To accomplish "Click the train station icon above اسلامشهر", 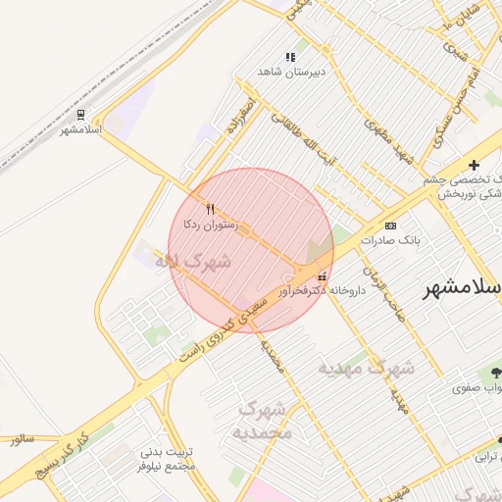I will (x=80, y=114).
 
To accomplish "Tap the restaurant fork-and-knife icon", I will (x=210, y=208).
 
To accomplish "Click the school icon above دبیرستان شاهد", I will (x=289, y=58).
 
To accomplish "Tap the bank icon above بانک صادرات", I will (x=391, y=225).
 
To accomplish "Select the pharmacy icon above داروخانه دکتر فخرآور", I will (x=323, y=277).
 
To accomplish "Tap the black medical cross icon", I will (x=475, y=165).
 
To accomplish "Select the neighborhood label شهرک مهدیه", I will (x=365, y=369).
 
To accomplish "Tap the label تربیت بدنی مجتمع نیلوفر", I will (x=169, y=459).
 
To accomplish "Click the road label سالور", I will (x=24, y=440).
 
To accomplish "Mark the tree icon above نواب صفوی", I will (x=495, y=372).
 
